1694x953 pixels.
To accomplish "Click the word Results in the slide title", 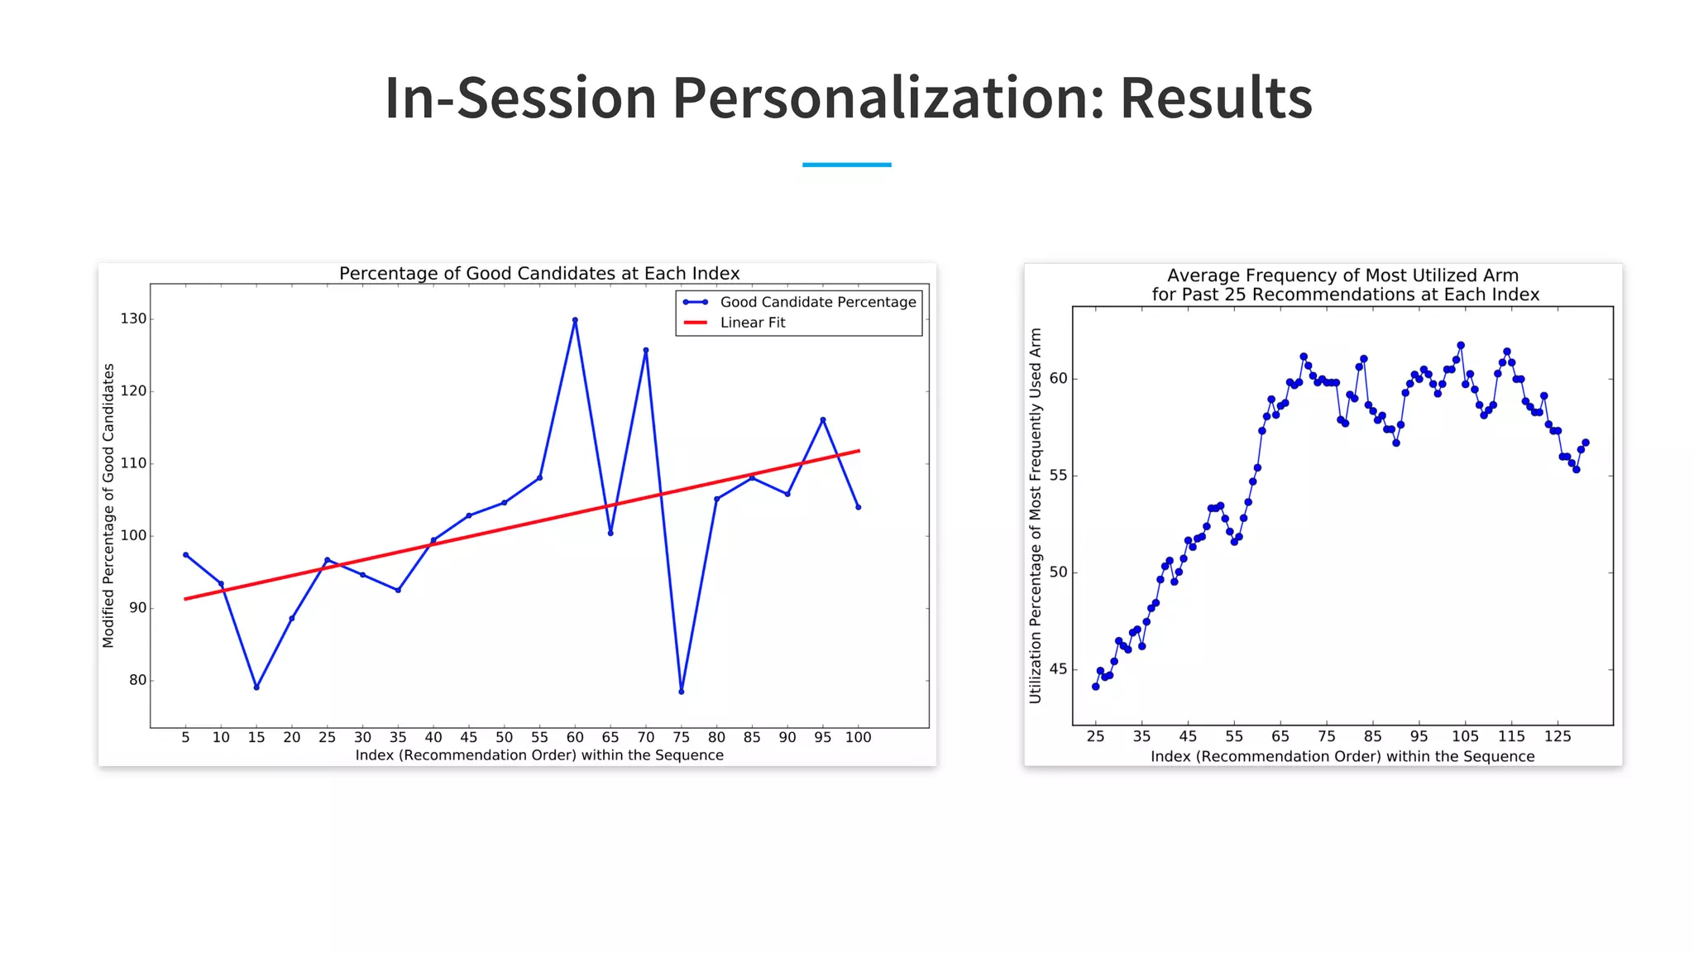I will coord(1215,98).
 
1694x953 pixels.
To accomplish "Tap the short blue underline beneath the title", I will coord(846,165).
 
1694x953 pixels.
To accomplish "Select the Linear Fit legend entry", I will coord(752,323).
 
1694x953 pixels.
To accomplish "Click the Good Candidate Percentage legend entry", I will coord(817,302).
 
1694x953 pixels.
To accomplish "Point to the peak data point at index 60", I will coord(575,320).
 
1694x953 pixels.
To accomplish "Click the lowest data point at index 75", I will coord(682,692).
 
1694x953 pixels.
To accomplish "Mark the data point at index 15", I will coord(256,687).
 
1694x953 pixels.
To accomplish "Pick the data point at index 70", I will coord(646,350).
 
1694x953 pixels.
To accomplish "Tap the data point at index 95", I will coord(823,420).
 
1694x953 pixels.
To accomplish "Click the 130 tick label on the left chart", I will coord(133,318).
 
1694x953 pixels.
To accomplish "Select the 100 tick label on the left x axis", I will coord(858,737).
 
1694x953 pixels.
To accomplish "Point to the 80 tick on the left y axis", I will coord(137,680).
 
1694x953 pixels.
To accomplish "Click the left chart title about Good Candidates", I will coord(539,274).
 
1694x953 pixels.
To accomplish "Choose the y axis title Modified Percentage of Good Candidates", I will coord(108,505).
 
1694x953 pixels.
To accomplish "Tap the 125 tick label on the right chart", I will coord(1558,736).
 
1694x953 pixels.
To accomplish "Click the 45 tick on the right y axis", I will coord(1058,669).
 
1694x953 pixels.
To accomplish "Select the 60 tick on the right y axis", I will coord(1058,379).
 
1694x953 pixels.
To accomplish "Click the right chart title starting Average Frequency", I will coord(1345,285).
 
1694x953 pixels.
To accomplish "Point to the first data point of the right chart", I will coord(1095,687).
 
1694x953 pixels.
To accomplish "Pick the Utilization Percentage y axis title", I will coord(1035,515).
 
